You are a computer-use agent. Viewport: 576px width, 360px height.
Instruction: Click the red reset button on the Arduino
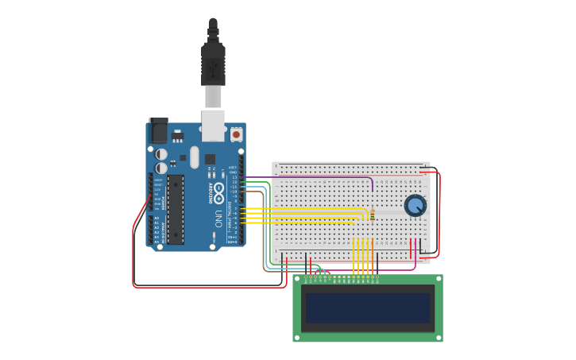click(x=236, y=134)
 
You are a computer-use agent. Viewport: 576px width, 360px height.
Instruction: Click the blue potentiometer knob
click(x=415, y=206)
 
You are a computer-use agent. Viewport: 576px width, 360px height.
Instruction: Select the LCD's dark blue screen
click(x=368, y=308)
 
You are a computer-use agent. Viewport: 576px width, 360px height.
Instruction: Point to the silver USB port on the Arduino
click(x=213, y=123)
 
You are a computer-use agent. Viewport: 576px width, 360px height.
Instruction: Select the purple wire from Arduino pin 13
click(x=318, y=177)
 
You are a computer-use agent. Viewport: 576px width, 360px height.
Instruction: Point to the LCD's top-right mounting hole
click(x=439, y=279)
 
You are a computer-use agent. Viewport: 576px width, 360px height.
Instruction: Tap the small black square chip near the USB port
click(x=210, y=158)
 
